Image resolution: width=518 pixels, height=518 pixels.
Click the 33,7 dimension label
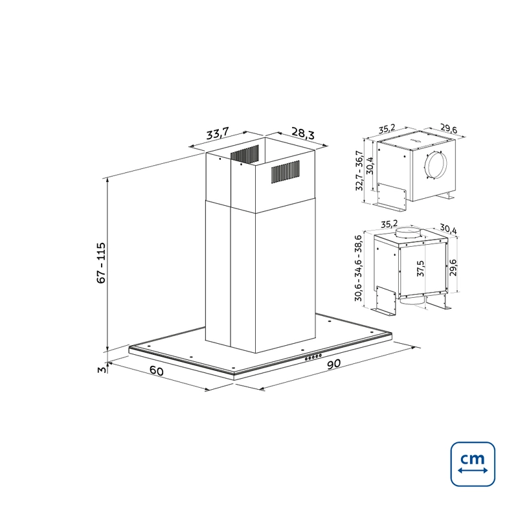(218, 133)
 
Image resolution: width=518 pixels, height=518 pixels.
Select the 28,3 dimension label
(303, 133)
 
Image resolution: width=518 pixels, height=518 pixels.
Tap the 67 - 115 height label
(101, 263)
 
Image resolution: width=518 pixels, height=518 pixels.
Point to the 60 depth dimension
(157, 370)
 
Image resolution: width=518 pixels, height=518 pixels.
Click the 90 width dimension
(333, 364)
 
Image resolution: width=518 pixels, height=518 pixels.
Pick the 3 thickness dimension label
(102, 369)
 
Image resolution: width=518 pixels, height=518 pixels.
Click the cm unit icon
(473, 464)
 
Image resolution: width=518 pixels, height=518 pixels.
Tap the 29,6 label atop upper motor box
(449, 128)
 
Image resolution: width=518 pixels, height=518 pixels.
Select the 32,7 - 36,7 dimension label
(359, 170)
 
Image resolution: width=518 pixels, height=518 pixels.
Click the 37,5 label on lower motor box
(420, 268)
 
